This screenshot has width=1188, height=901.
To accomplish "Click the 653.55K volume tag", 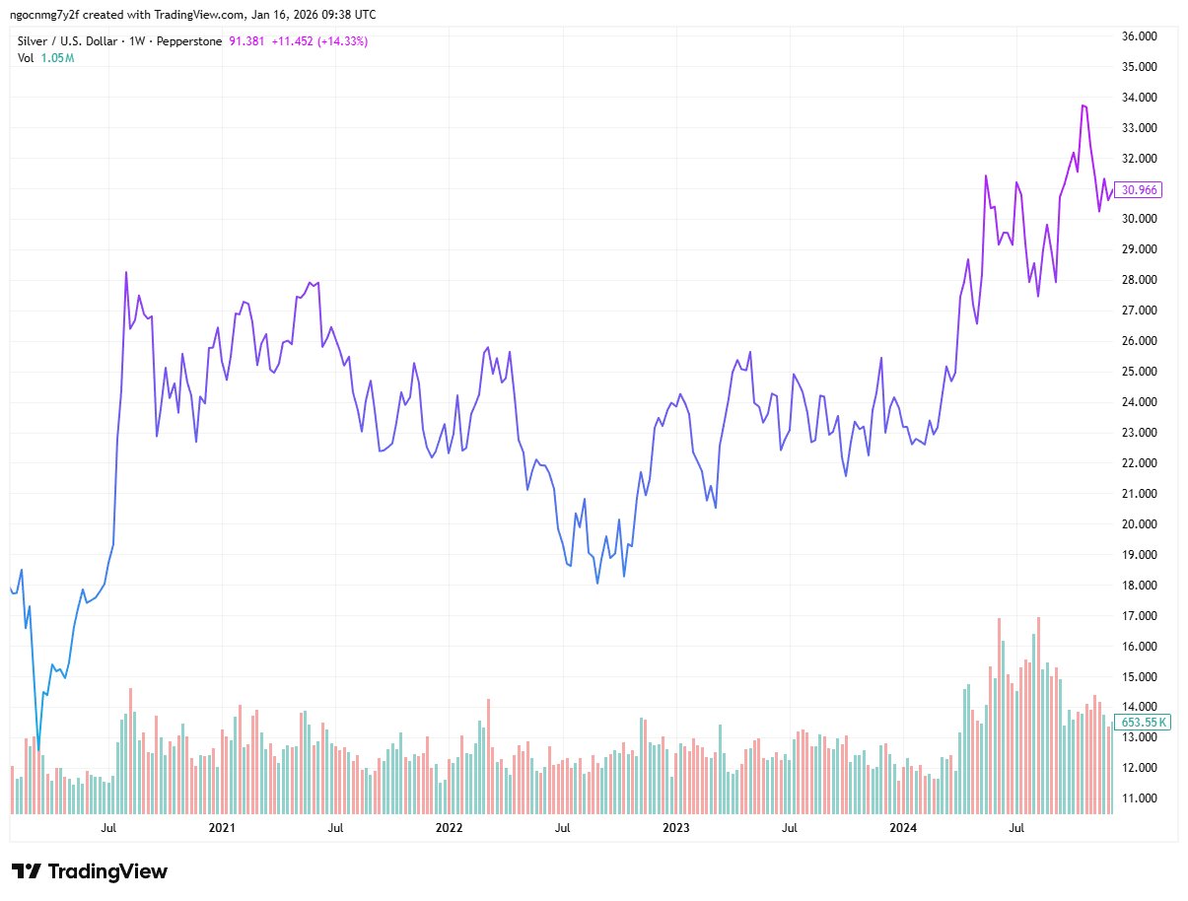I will (x=1144, y=722).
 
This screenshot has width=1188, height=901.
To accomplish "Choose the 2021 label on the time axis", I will (x=223, y=828).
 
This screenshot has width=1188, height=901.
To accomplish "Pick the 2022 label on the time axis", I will (x=450, y=828).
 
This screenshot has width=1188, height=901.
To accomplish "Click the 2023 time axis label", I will (x=676, y=828).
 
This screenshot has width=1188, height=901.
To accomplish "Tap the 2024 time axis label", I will (x=903, y=828).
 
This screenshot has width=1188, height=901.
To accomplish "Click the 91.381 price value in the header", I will (x=246, y=40).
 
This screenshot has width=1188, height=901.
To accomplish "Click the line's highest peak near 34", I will (x=1083, y=105).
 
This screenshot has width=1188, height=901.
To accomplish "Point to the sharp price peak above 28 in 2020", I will (x=126, y=272).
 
